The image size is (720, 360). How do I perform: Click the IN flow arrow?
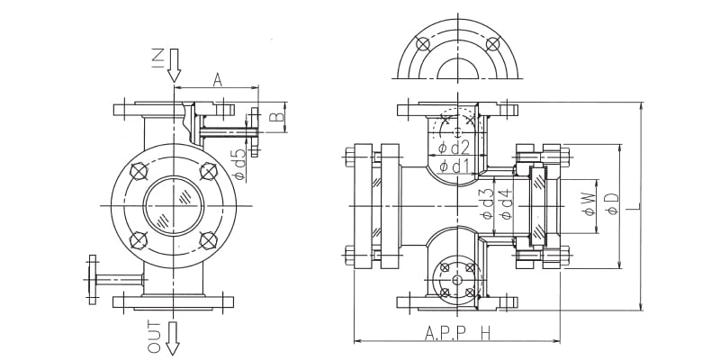(174, 65)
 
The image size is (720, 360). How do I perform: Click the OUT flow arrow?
(173, 338)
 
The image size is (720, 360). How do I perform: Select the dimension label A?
(218, 80)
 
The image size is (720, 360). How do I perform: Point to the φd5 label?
(239, 164)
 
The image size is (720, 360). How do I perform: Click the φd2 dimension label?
(454, 148)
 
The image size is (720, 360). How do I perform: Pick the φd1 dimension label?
(454, 166)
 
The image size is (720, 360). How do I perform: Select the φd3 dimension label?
(487, 203)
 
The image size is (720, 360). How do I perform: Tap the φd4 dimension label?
(507, 203)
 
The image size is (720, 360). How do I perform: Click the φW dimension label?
(589, 204)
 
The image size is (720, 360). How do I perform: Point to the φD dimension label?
(613, 204)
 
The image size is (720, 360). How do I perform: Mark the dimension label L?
(634, 206)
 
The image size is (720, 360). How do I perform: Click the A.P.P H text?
(457, 333)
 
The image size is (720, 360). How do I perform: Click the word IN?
(157, 59)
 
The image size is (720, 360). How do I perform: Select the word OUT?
(155, 337)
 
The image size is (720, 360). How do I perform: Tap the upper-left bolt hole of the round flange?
(139, 171)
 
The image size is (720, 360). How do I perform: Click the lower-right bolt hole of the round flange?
(209, 240)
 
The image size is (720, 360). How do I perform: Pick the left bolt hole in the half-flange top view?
(422, 44)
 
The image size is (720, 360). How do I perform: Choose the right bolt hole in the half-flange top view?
(492, 44)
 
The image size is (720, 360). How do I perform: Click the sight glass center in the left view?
(174, 205)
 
